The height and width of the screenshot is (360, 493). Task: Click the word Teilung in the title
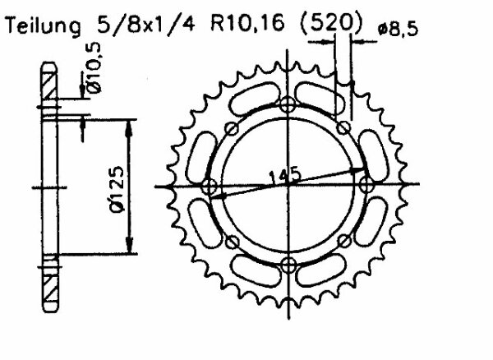coord(43,30)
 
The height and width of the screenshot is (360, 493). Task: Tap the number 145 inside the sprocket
coord(283,174)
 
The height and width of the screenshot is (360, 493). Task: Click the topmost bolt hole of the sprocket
coord(287,105)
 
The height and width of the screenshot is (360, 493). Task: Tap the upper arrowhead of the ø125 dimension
coord(127,124)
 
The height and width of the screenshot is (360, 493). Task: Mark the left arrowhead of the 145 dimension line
coord(219,196)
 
